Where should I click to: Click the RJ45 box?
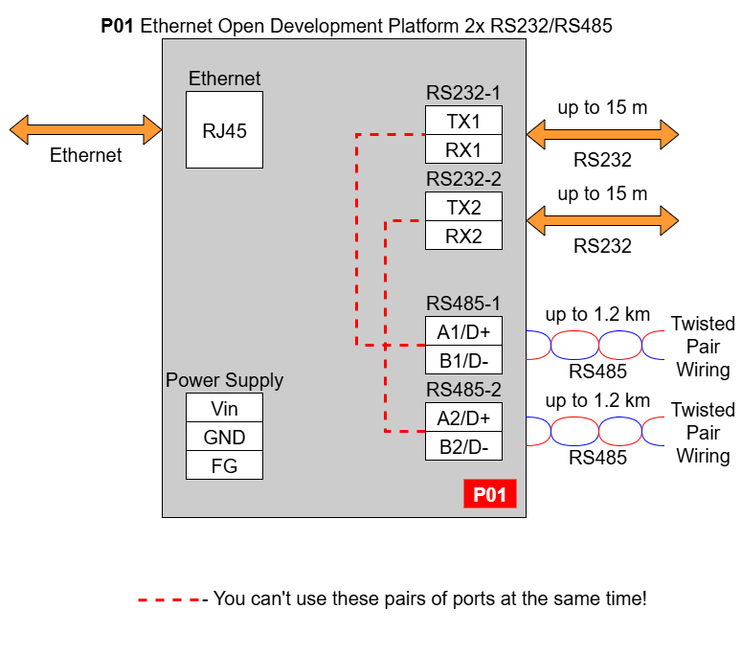(x=224, y=129)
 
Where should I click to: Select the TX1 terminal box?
(x=463, y=121)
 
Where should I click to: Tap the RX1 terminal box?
(x=463, y=149)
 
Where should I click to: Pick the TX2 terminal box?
(x=463, y=207)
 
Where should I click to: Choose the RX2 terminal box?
(x=463, y=236)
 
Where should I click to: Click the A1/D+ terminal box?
(x=463, y=330)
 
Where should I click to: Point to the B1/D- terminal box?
(x=463, y=360)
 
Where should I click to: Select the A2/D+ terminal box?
(x=463, y=417)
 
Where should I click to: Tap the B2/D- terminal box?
(x=463, y=445)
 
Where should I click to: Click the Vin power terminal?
(x=224, y=407)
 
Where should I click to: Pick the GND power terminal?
(x=224, y=436)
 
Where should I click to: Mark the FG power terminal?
(x=224, y=465)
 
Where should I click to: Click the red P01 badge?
(x=490, y=494)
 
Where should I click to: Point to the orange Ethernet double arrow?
(x=85, y=129)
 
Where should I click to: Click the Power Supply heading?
(x=224, y=380)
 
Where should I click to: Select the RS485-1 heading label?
(x=463, y=304)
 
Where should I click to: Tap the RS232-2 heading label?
(x=463, y=179)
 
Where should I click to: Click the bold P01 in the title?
(x=117, y=26)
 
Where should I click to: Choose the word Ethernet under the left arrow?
(x=85, y=155)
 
